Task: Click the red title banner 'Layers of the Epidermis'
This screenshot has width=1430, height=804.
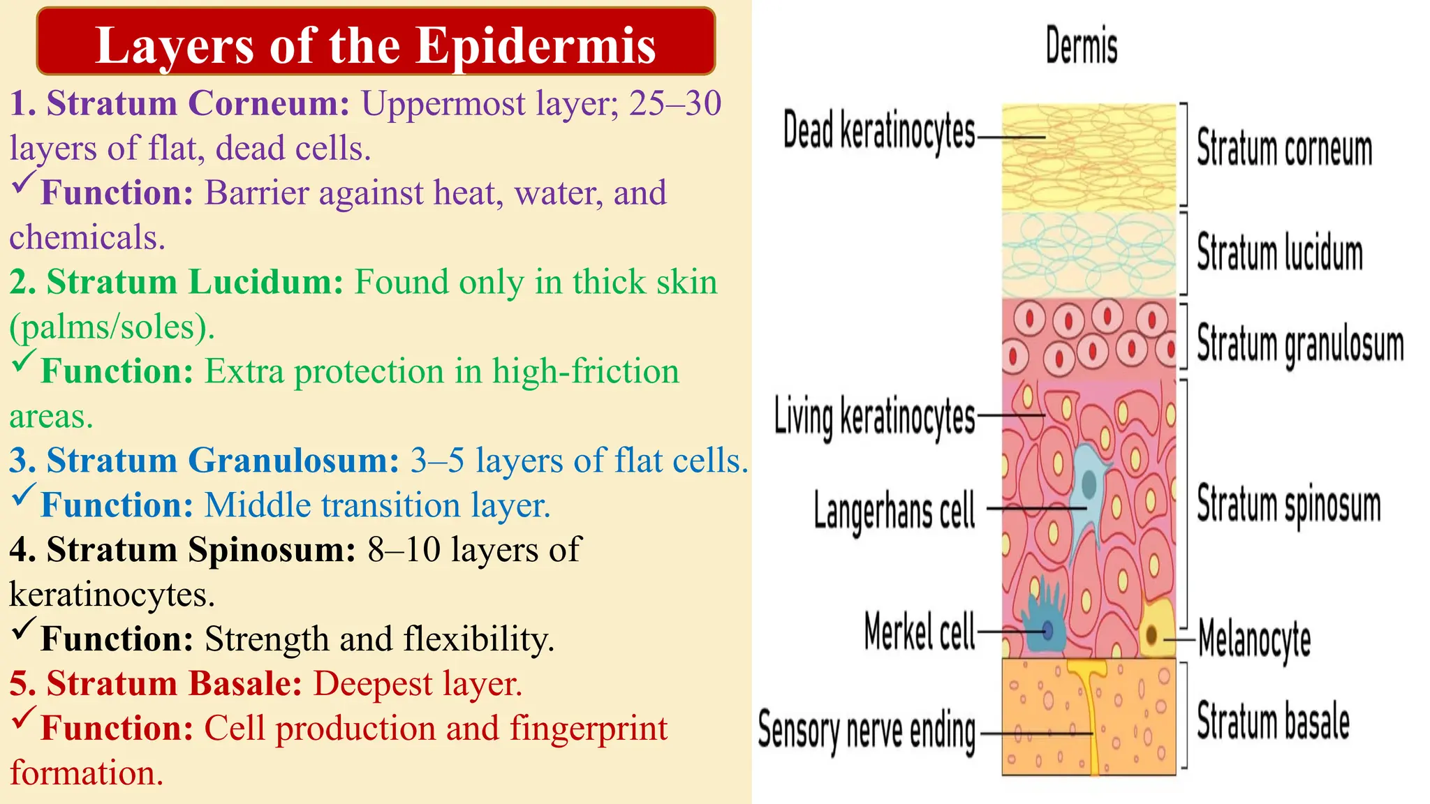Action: (376, 42)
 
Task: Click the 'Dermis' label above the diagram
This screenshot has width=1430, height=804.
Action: (1081, 45)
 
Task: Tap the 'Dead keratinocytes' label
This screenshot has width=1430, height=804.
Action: (878, 131)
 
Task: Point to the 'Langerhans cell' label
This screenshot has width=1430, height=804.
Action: (894, 509)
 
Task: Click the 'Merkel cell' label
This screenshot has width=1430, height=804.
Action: (919, 631)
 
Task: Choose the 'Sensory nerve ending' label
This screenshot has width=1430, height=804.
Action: (867, 731)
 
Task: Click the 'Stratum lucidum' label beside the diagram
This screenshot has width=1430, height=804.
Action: (1279, 252)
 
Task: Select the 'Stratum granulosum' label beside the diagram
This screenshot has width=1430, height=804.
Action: (1299, 343)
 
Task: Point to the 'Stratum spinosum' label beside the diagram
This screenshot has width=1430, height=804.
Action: (1288, 505)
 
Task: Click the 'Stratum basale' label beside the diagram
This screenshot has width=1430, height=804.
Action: (1273, 721)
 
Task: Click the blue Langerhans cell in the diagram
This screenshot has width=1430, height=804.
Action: (1087, 482)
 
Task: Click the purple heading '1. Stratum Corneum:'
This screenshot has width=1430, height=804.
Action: (179, 103)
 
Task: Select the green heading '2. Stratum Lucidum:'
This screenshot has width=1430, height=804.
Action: (177, 282)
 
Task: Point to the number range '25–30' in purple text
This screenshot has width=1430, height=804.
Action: (675, 103)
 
